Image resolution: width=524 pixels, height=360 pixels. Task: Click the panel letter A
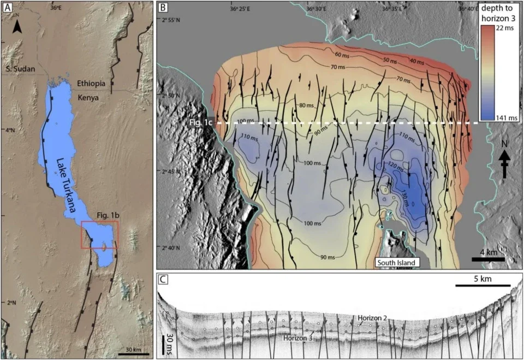tap(7, 8)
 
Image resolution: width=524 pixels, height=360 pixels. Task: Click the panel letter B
tap(163, 8)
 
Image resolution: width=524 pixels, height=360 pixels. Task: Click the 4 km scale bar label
tap(484, 253)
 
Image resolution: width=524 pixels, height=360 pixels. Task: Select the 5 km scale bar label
tap(483, 278)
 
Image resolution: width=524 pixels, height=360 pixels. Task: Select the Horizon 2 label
tap(373, 317)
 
